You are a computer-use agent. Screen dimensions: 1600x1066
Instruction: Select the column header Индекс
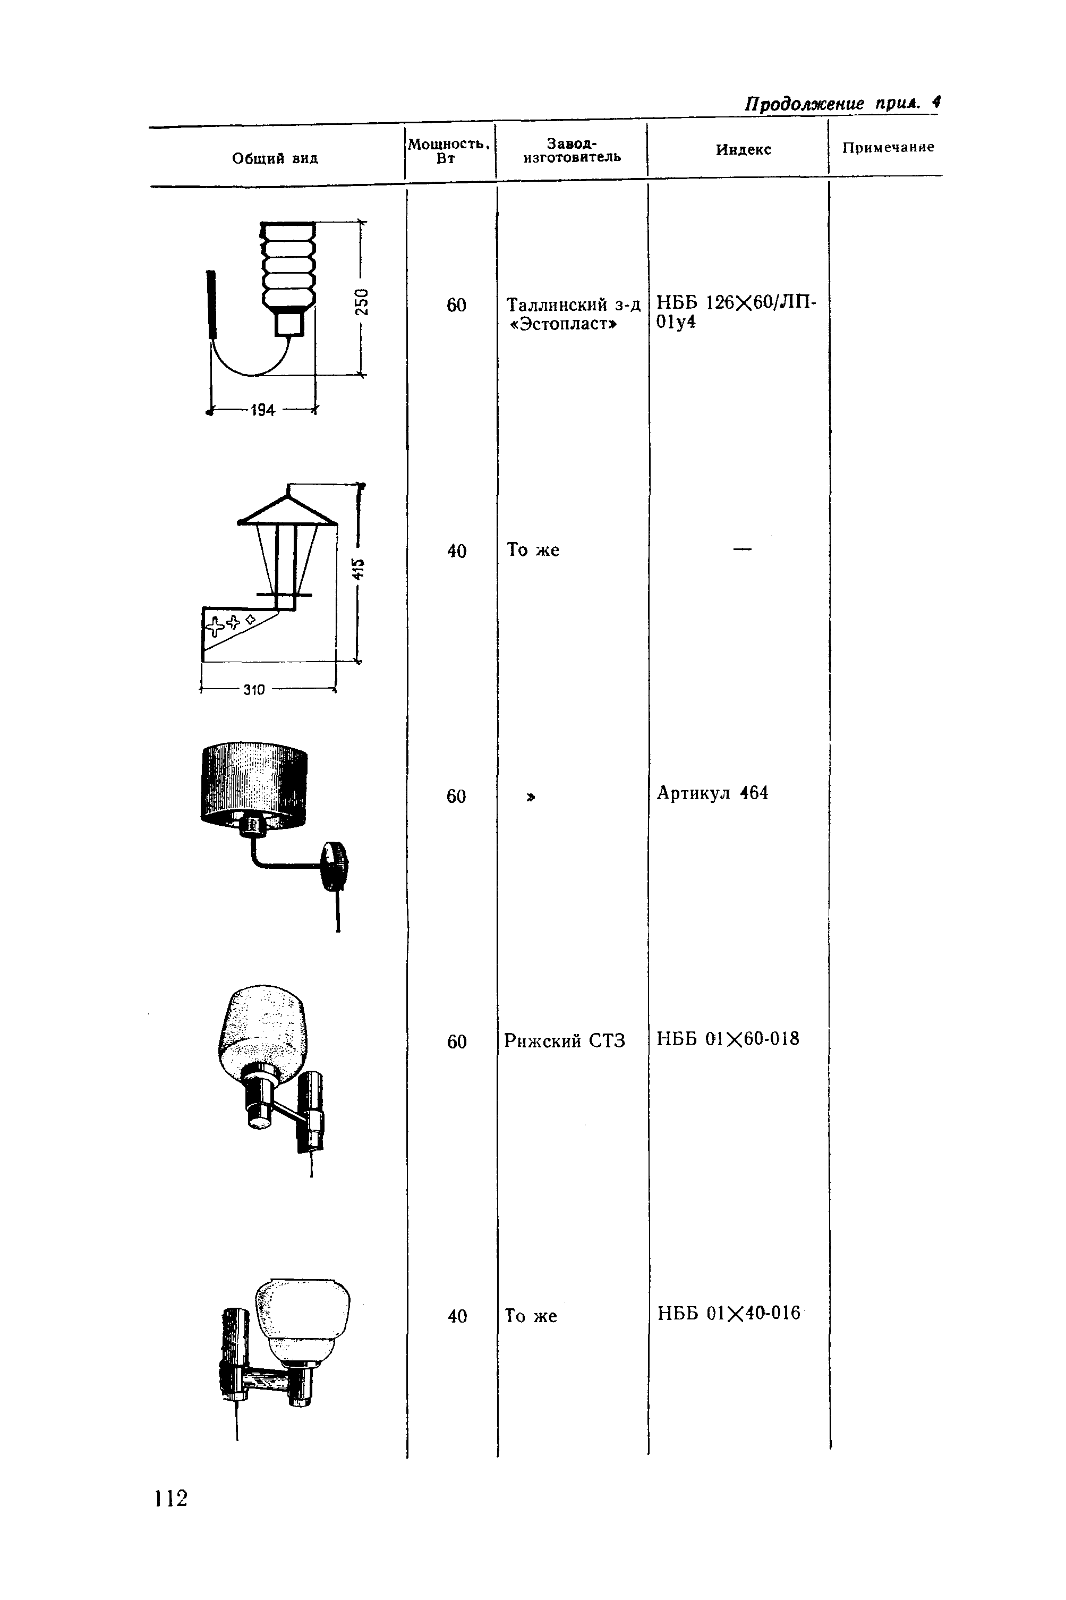[x=743, y=150]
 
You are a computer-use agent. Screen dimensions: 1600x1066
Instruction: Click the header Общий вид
[x=275, y=158]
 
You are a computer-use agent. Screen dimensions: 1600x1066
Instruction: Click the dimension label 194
[x=262, y=410]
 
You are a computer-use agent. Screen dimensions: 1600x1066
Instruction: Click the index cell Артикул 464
[x=712, y=793]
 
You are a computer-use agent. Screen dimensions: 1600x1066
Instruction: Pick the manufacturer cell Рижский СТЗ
[x=564, y=1041]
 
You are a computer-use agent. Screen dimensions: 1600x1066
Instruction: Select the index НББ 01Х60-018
[x=728, y=1039]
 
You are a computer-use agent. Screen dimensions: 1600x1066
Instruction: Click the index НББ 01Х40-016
[x=728, y=1313]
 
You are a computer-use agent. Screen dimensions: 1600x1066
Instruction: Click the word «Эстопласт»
[x=564, y=324]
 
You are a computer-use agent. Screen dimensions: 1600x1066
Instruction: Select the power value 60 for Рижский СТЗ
[x=457, y=1042]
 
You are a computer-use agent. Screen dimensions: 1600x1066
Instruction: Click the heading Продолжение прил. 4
[x=842, y=104]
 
